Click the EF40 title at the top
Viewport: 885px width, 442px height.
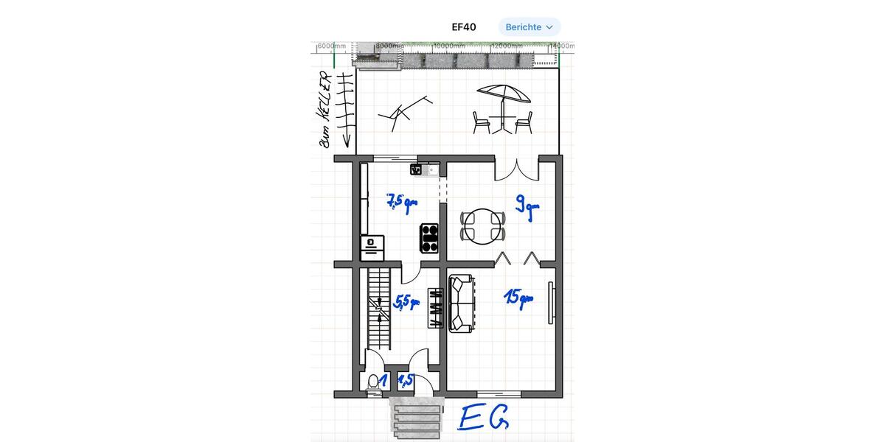click(x=464, y=27)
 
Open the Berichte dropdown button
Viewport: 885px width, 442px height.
click(x=529, y=27)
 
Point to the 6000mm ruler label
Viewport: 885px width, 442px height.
click(x=331, y=46)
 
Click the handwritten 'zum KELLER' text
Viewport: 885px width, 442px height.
click(x=324, y=109)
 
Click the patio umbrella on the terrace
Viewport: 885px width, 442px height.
click(x=503, y=94)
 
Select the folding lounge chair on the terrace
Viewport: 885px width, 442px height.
click(x=402, y=112)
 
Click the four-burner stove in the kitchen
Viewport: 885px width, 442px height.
click(x=428, y=238)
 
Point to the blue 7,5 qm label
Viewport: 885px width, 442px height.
click(x=402, y=202)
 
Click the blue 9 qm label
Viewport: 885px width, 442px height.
click(x=527, y=206)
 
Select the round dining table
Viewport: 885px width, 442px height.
click(x=483, y=227)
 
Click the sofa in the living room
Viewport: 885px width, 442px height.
click(x=461, y=304)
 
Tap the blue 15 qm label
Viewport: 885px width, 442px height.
click(x=518, y=297)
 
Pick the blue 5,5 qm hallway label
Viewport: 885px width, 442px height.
click(x=406, y=302)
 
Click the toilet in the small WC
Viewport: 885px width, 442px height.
click(x=374, y=382)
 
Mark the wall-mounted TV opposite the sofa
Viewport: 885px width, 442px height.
click(x=550, y=302)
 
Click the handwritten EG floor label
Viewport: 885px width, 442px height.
click(x=483, y=417)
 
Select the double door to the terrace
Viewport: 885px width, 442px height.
click(x=516, y=169)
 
